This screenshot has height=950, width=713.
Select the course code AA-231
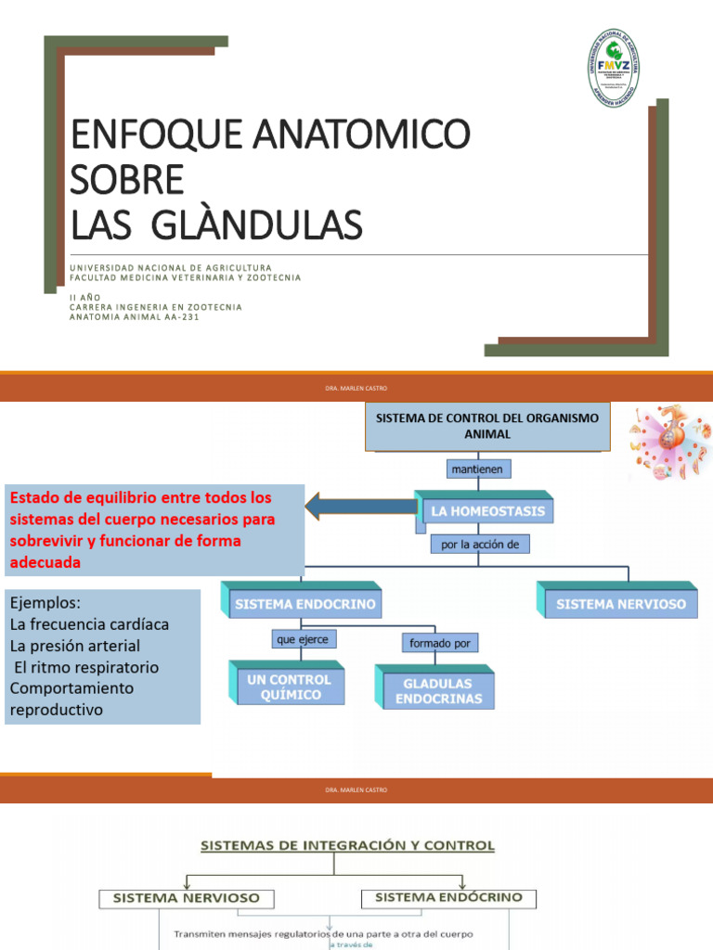point(180,316)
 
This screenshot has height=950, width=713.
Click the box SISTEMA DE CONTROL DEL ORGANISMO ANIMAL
point(486,426)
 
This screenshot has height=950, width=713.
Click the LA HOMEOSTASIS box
point(486,511)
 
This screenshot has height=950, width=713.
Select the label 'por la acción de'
point(481,546)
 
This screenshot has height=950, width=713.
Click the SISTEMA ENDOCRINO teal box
point(305,604)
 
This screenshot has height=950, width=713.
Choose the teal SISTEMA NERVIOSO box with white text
point(620,604)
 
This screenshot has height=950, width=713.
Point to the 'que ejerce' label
point(301,639)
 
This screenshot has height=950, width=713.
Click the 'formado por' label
point(440,643)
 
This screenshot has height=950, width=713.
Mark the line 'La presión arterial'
point(75,646)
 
